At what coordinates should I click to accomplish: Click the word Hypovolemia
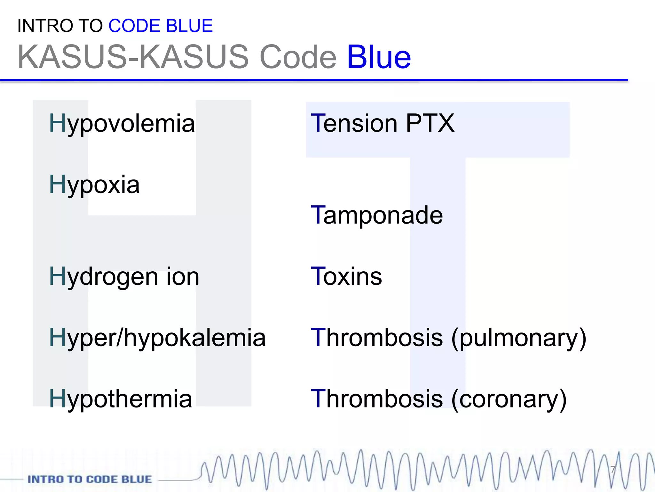[122, 124]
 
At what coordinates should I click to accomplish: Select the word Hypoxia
[94, 185]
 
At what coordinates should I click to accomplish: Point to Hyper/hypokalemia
[157, 338]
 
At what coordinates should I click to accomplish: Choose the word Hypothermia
[120, 399]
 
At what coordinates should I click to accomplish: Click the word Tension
[354, 124]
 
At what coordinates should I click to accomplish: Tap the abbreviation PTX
[430, 124]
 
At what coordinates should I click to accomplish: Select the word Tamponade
[377, 215]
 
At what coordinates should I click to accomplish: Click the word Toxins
[346, 277]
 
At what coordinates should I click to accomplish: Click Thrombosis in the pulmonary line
[377, 338]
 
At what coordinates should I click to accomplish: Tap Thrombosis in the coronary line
[377, 399]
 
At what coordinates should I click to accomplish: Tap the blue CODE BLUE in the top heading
[161, 26]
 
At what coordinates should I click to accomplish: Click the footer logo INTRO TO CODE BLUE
[90, 479]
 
